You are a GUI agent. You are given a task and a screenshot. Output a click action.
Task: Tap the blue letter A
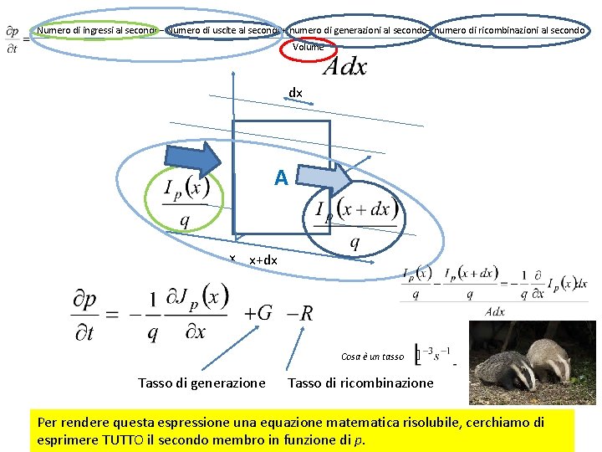281,177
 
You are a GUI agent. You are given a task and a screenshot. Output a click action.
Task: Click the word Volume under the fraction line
308,47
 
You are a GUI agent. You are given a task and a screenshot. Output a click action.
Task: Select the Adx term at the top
344,67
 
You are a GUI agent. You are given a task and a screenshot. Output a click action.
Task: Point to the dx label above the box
295,92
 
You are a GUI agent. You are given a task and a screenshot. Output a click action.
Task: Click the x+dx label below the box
263,260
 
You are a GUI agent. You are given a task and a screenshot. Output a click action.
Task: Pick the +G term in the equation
258,313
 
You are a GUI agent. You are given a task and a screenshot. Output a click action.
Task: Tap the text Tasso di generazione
202,383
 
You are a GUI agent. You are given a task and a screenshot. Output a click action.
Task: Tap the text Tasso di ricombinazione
360,383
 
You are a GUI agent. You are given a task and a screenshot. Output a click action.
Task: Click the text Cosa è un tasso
372,357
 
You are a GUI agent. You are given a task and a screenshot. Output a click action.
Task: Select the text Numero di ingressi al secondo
97,30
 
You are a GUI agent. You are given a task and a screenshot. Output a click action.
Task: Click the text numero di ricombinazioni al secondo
510,30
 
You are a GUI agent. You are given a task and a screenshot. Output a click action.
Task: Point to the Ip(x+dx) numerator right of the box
356,208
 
